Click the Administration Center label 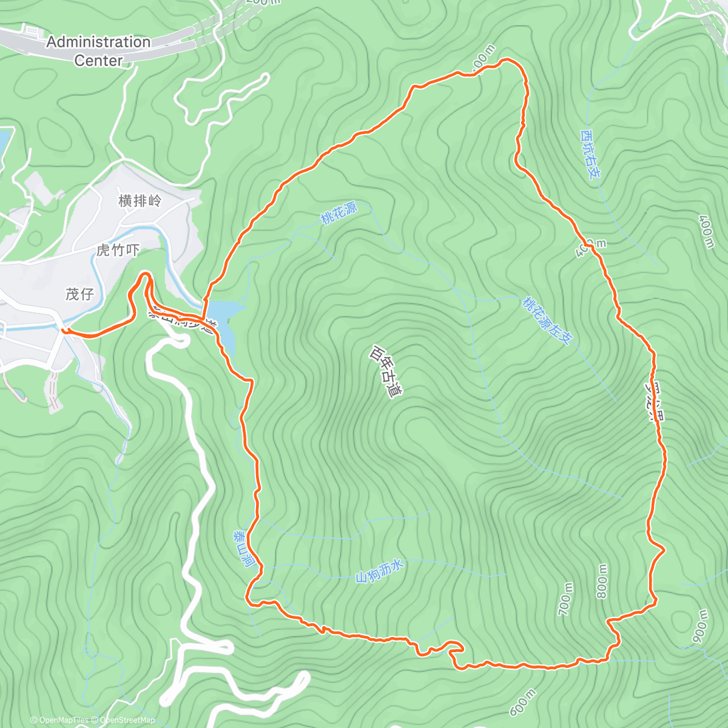[x=98, y=51]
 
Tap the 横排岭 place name [x=140, y=201]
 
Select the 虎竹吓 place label [x=118, y=250]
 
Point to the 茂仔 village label [x=79, y=294]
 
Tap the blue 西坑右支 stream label [x=590, y=154]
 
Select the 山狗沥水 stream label [x=379, y=571]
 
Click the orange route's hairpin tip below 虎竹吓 [x=145, y=276]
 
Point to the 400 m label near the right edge [x=706, y=231]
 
